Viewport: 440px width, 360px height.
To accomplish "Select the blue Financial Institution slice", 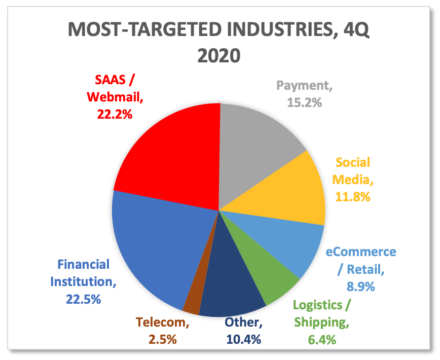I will (x=152, y=243).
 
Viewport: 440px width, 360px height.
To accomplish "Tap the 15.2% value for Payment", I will (x=305, y=102).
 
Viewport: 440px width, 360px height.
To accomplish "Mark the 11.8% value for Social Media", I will (x=353, y=196).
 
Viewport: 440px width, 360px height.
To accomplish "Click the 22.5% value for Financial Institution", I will (x=84, y=299).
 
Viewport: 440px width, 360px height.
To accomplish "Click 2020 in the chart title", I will (x=218, y=54).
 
